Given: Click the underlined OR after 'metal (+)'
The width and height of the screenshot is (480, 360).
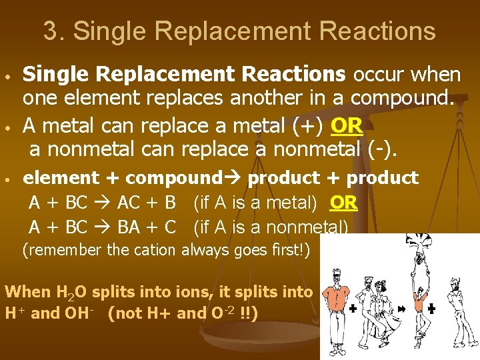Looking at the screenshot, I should pyautogui.click(x=346, y=125).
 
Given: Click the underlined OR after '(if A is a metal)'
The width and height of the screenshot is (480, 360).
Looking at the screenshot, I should pyautogui.click(x=343, y=203).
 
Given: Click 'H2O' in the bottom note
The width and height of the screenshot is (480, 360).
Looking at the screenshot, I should pyautogui.click(x=73, y=292).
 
